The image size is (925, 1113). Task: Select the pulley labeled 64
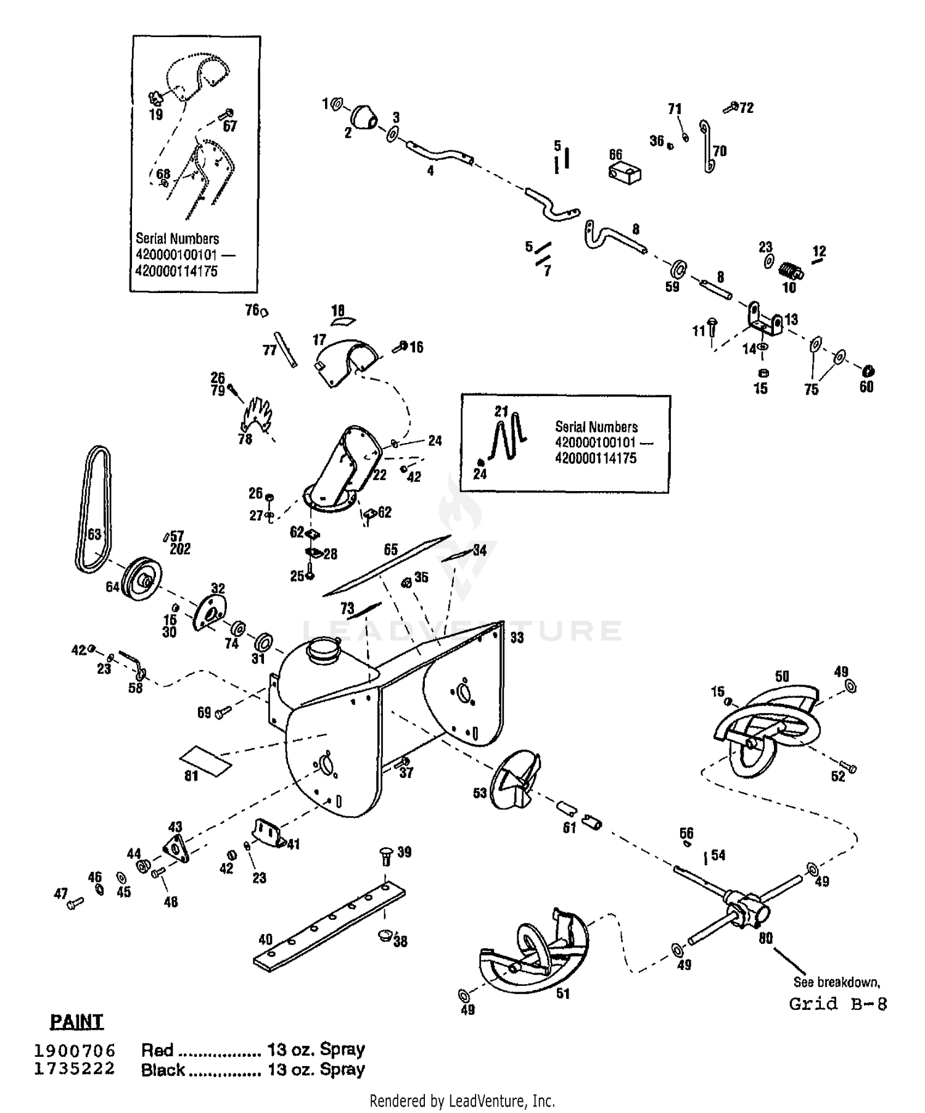click(141, 578)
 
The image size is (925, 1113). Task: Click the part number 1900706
click(75, 1050)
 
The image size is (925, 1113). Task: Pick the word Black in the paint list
click(163, 1070)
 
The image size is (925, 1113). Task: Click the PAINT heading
click(76, 1021)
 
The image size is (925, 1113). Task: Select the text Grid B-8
click(838, 1004)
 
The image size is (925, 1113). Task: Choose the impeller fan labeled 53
click(515, 779)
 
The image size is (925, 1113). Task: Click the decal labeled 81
click(205, 760)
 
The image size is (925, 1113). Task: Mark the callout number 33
click(517, 637)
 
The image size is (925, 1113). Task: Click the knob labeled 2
click(364, 115)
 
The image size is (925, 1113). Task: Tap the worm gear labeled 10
click(788, 270)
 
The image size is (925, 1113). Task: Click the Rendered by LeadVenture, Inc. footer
click(462, 1100)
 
